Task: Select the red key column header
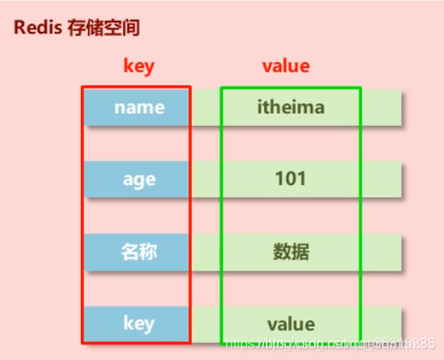138,66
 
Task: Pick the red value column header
285,66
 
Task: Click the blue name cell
139,108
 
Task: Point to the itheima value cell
291,108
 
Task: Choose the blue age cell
139,179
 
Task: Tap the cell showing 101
291,179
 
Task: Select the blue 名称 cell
139,251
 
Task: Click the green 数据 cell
291,251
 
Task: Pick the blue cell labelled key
139,323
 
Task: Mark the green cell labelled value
291,324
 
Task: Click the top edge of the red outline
136,86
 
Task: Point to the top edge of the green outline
291,87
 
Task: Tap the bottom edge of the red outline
136,343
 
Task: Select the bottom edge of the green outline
291,343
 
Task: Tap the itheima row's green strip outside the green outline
381,108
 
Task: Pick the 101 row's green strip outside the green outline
381,179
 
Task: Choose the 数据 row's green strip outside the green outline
381,251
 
